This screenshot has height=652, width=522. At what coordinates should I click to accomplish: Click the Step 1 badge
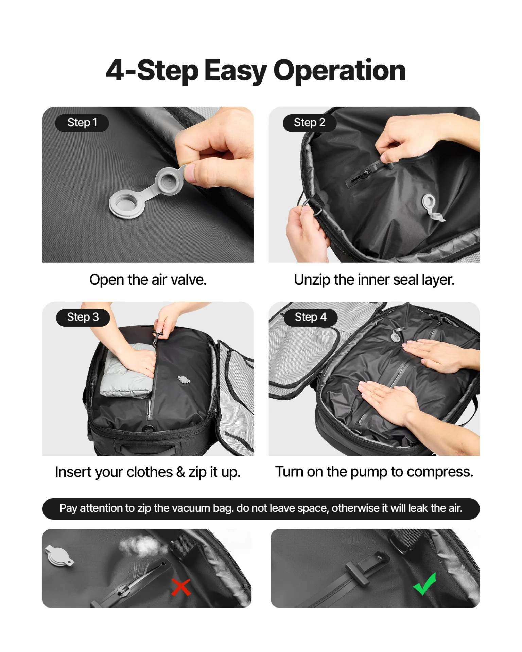[82, 123]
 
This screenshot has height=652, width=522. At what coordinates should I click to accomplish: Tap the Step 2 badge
[309, 123]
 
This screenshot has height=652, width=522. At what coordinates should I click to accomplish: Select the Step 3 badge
[83, 317]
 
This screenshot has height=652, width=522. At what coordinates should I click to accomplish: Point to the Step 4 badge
[310, 317]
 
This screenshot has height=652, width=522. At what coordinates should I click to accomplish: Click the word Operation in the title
[339, 71]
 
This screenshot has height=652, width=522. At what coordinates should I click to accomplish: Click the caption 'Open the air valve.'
[148, 280]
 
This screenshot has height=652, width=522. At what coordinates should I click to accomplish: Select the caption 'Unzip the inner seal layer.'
[374, 280]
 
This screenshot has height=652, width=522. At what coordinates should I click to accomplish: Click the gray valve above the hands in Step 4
[396, 335]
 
